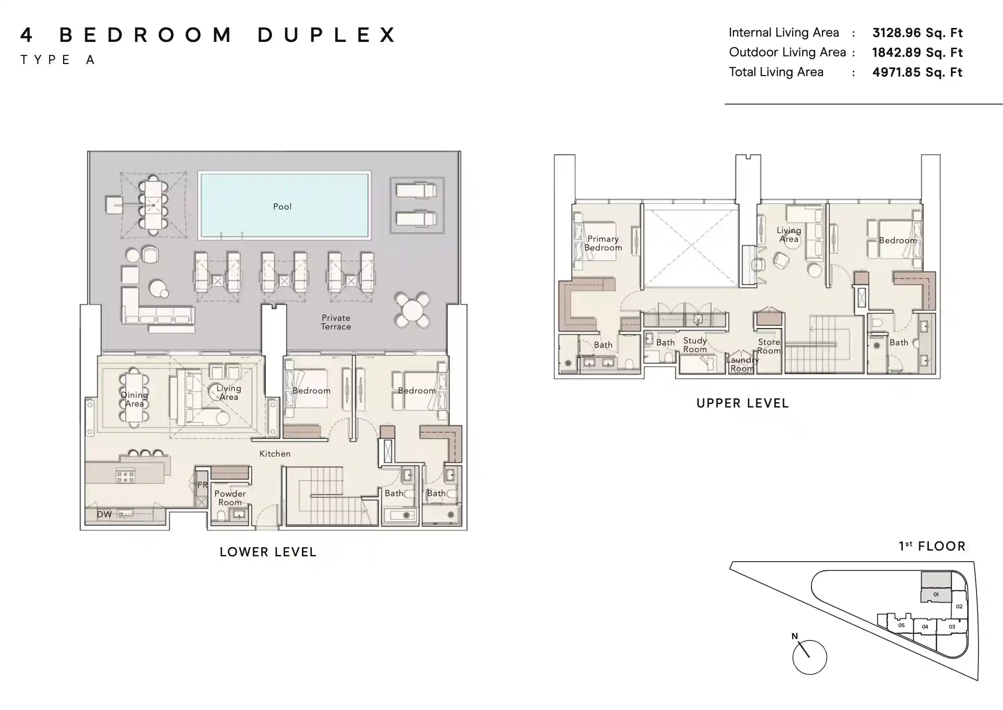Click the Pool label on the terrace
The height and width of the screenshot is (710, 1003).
coord(282,207)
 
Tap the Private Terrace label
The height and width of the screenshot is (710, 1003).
coord(336,322)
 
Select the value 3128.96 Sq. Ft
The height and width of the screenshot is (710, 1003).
coord(917,33)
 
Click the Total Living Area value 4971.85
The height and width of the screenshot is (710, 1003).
coord(917,72)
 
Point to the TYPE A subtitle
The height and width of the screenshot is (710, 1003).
coord(58,60)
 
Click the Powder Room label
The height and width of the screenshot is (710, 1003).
coord(230,498)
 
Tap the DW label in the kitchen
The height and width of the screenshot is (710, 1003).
coord(104,514)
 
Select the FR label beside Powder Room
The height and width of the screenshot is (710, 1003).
coord(202,485)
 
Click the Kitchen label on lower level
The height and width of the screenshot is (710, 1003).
coord(275,454)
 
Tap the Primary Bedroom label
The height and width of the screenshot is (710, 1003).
coord(603,243)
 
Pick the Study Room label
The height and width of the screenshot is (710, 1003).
coord(695,345)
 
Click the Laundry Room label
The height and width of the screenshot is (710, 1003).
coord(742,364)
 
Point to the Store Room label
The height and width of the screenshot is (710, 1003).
coord(769,346)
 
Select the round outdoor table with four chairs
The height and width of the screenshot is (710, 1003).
coord(412,310)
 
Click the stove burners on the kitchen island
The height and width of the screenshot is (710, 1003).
coord(125,476)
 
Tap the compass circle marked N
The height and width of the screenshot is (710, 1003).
coord(810,657)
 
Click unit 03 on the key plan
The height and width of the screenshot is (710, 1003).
coord(952,627)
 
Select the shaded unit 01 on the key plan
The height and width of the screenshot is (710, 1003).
coord(936,594)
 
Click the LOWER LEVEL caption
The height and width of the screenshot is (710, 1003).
coord(268,552)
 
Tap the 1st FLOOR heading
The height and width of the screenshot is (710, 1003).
coord(932,546)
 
